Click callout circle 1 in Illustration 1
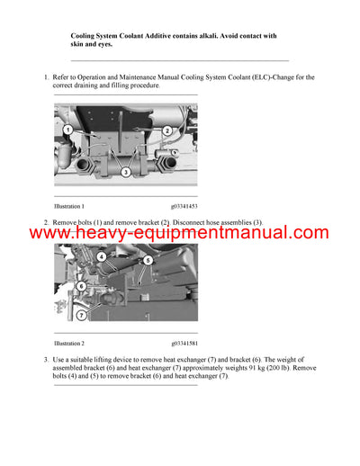point(67,130)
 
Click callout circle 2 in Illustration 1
point(167,130)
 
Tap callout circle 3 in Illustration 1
point(126,171)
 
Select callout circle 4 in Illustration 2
point(102,256)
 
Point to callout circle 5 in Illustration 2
point(148,261)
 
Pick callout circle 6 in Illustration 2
point(81,285)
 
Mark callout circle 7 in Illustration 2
point(80,315)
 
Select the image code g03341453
point(187,206)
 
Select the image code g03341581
point(187,344)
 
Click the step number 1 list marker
point(45,77)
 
